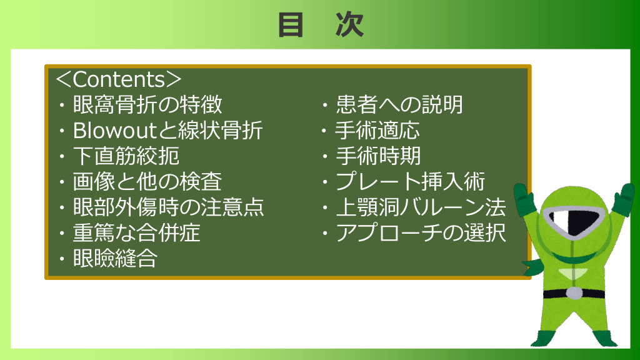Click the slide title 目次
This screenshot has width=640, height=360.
click(x=321, y=25)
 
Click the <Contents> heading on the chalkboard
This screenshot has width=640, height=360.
click(x=118, y=79)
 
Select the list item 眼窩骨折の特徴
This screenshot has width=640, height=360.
click(x=147, y=104)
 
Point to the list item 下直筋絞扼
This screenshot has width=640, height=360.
click(x=126, y=156)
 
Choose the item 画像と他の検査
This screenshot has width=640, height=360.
click(x=147, y=182)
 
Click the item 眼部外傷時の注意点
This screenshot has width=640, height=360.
click(x=169, y=207)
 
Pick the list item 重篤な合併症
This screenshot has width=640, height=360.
click(x=137, y=233)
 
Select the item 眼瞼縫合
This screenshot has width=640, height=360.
click(x=116, y=258)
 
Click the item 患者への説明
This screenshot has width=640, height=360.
click(x=399, y=104)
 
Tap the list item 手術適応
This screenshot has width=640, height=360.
click(x=377, y=130)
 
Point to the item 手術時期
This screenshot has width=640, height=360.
click(x=378, y=156)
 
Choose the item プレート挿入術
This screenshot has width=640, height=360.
click(x=411, y=182)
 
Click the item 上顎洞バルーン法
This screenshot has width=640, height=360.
click(x=421, y=207)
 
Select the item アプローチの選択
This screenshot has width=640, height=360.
click(x=421, y=233)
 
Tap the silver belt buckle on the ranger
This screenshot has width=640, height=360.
click(x=575, y=293)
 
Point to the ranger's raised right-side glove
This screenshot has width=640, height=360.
click(x=623, y=199)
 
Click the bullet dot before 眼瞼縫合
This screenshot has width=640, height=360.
click(x=62, y=259)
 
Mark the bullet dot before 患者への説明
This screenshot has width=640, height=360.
click(x=325, y=105)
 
